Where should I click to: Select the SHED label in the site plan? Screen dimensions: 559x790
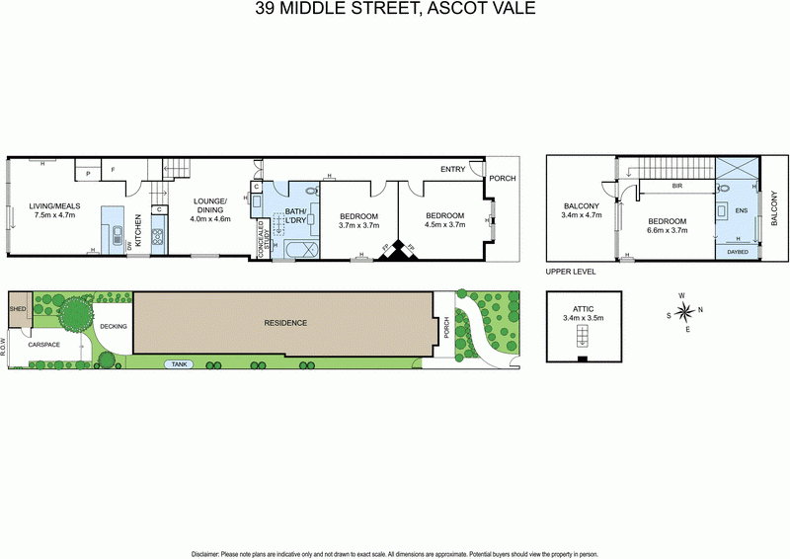pos(18,308)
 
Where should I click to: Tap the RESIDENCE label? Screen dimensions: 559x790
pos(284,323)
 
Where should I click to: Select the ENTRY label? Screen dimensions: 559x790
pos(452,169)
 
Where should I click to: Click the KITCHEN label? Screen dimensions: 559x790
pos(139,230)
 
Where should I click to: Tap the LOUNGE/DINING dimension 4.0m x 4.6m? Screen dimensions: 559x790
pos(209,219)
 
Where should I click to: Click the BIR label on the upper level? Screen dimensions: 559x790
pos(677,185)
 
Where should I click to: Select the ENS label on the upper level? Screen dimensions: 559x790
pos(743,210)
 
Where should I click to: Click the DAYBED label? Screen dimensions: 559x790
pos(737,251)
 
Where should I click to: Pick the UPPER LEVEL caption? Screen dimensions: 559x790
pos(569,271)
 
